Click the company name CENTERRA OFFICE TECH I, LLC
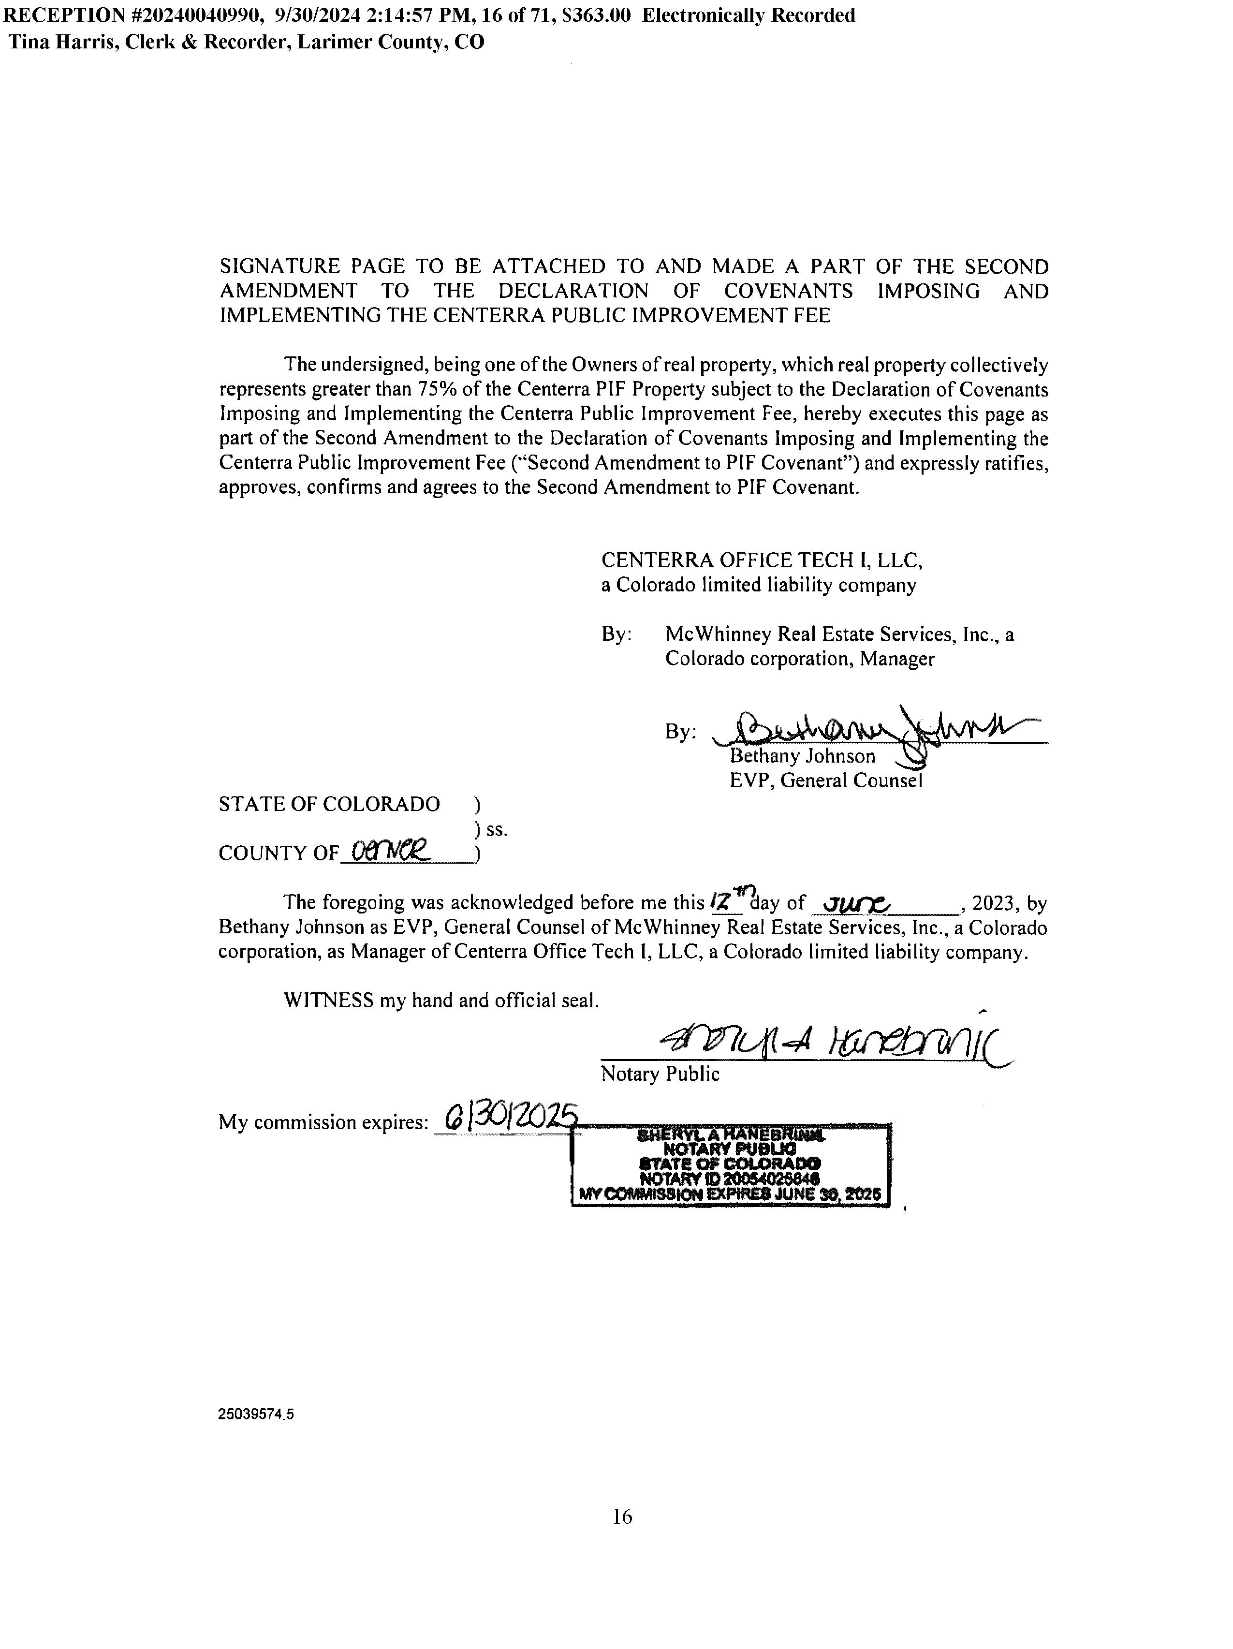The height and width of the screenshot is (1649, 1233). [762, 560]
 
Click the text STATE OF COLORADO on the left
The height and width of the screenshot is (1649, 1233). [329, 804]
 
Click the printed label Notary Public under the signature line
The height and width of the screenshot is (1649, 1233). [660, 1074]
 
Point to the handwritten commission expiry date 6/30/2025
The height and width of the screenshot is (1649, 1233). [511, 1118]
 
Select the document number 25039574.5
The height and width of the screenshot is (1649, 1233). [256, 1415]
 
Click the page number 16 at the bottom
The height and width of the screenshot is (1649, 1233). [622, 1516]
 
